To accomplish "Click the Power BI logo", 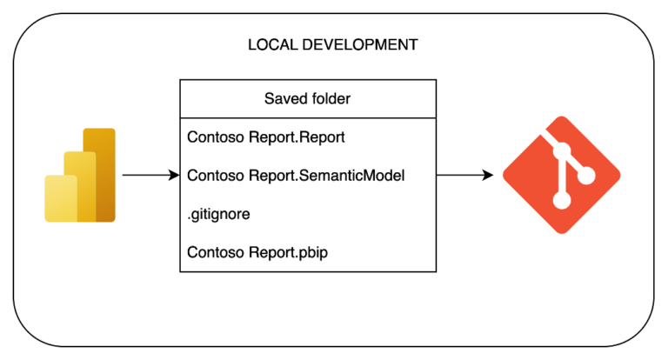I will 80,175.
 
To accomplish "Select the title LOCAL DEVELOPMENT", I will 332,43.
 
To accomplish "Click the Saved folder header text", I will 308,98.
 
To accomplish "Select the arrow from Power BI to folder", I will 150,175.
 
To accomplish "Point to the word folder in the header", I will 331,98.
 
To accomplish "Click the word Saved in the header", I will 284,98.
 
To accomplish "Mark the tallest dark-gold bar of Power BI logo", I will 101,174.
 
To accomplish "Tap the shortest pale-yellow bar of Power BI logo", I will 59,198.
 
